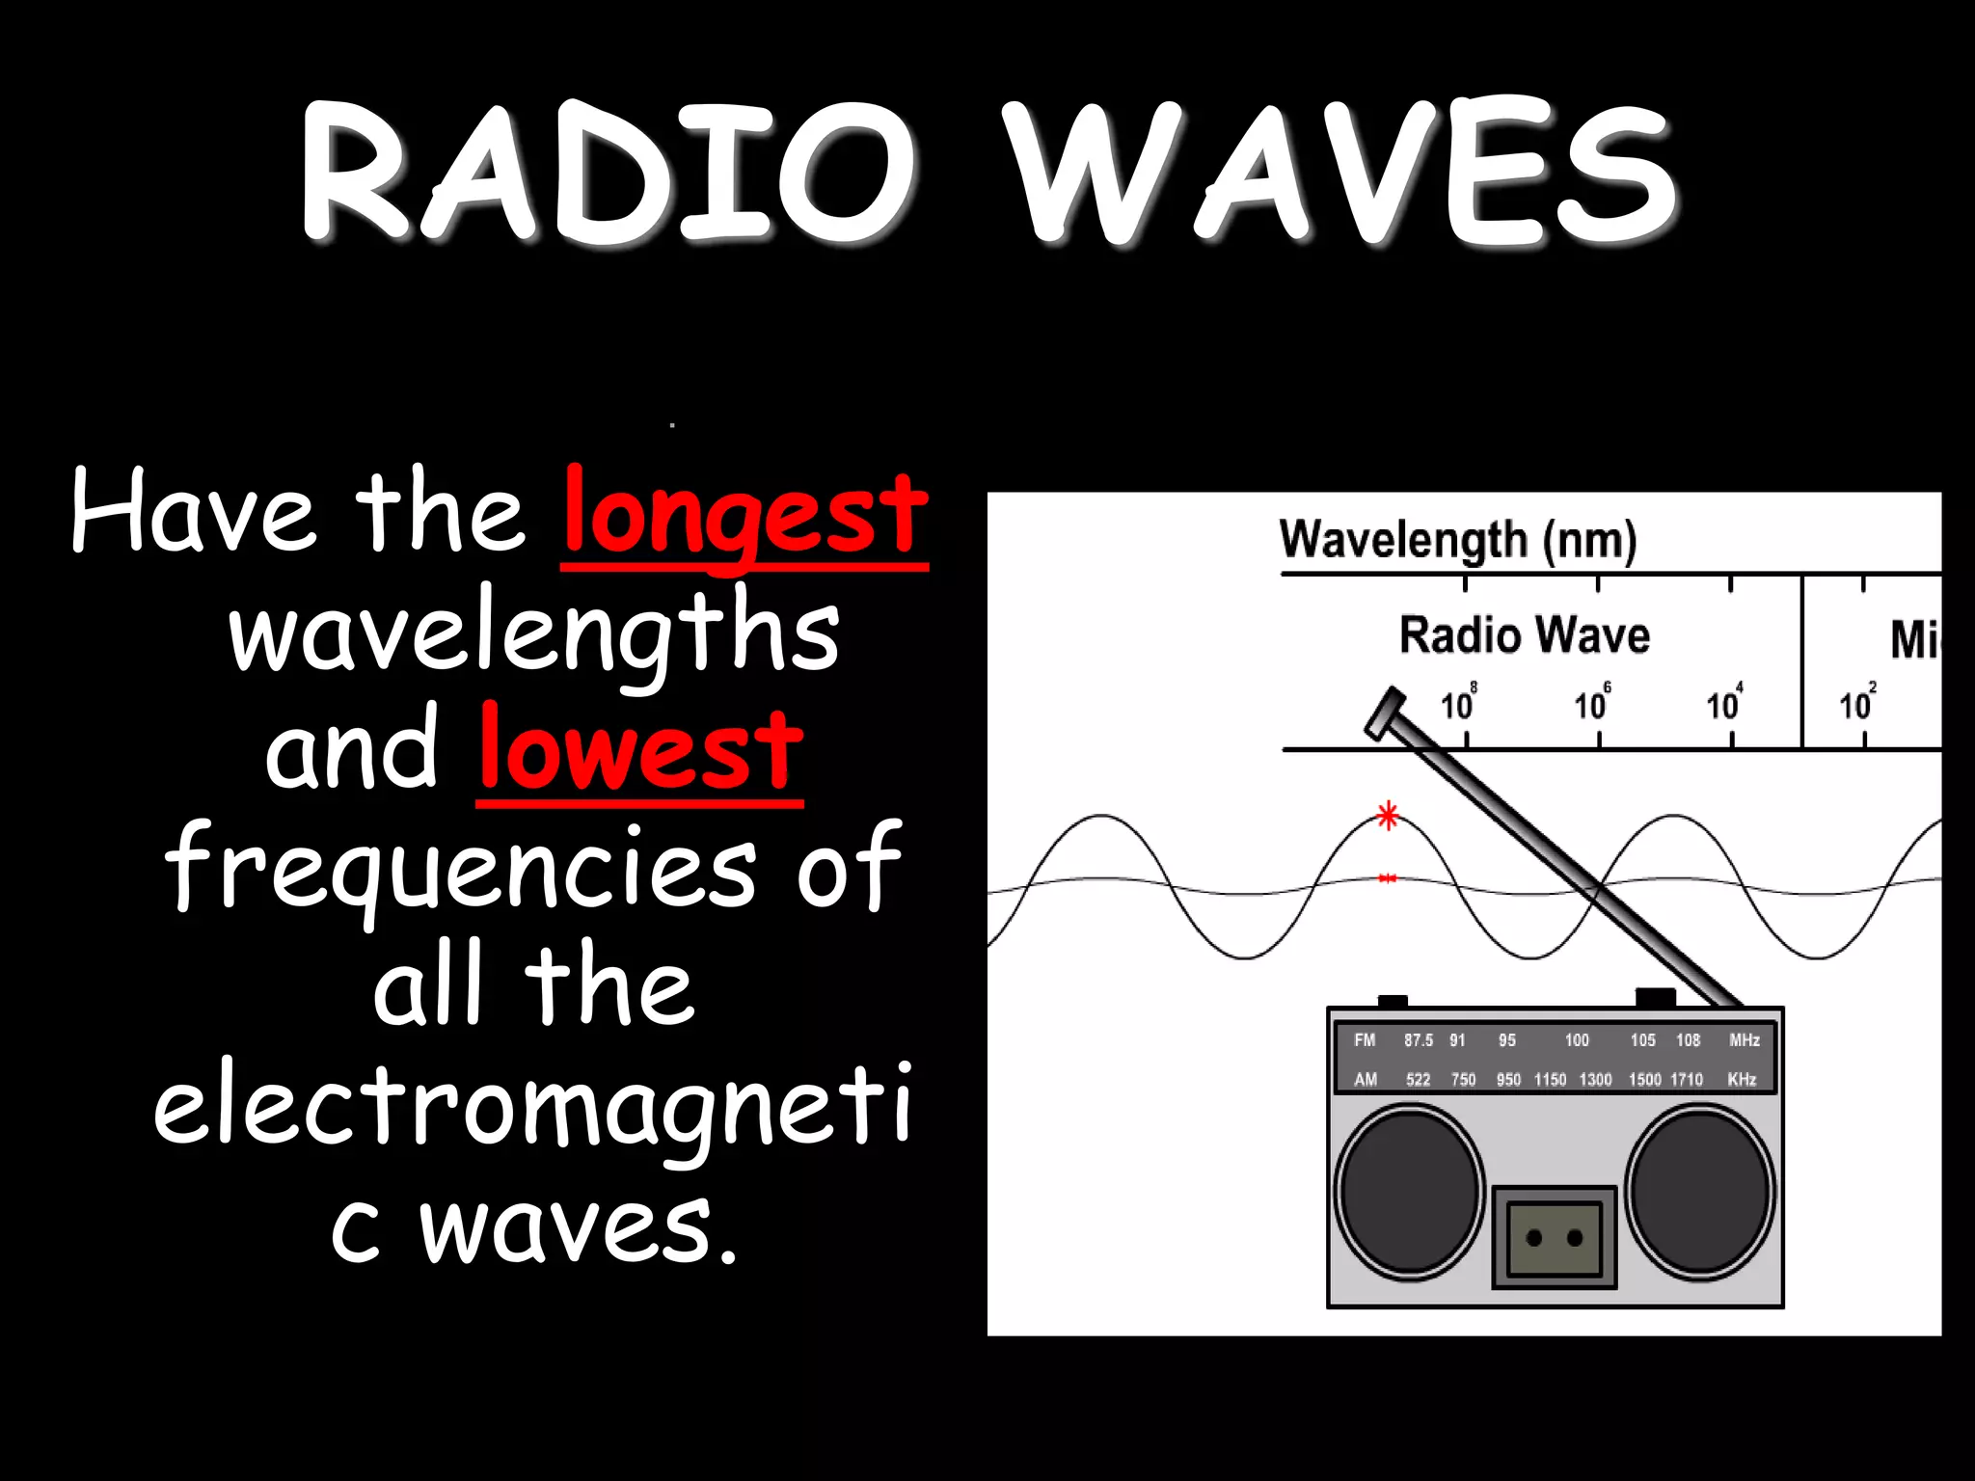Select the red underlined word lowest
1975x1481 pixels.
pyautogui.click(x=640, y=750)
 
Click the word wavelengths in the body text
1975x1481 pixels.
pyautogui.click(x=533, y=632)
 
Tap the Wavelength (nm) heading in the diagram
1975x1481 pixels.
pyautogui.click(x=1457, y=540)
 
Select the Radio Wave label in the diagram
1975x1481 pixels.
pyautogui.click(x=1525, y=636)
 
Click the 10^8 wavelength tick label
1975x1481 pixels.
pyautogui.click(x=1458, y=704)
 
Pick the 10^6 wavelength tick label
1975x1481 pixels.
pyautogui.click(x=1591, y=704)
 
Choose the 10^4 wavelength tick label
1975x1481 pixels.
pyautogui.click(x=1723, y=704)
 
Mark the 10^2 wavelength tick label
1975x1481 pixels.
pyautogui.click(x=1856, y=704)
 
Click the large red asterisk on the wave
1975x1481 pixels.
pyautogui.click(x=1388, y=817)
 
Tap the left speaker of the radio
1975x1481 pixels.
pyautogui.click(x=1409, y=1192)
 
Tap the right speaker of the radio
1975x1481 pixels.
pyautogui.click(x=1700, y=1192)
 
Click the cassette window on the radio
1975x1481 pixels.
pyautogui.click(x=1554, y=1238)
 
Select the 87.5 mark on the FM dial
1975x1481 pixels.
pyautogui.click(x=1418, y=1040)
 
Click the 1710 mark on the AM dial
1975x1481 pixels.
pyautogui.click(x=1687, y=1080)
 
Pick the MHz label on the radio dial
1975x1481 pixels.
pyautogui.click(x=1745, y=1040)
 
